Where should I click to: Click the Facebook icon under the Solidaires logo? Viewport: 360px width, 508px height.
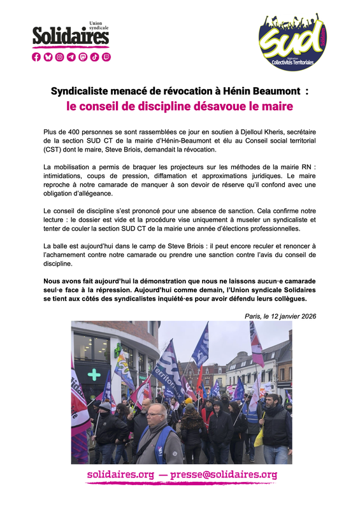(x=36, y=57)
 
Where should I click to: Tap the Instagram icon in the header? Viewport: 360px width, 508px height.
(x=60, y=57)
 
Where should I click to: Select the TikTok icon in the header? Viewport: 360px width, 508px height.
(x=94, y=57)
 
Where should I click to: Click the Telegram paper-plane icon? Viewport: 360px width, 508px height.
(x=71, y=57)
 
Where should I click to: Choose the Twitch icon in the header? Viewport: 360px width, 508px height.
(x=106, y=57)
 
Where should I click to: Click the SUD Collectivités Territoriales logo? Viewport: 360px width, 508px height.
(x=294, y=41)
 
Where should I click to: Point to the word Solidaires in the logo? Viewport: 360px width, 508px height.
(x=71, y=38)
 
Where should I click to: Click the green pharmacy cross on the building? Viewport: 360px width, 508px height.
(x=94, y=374)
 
